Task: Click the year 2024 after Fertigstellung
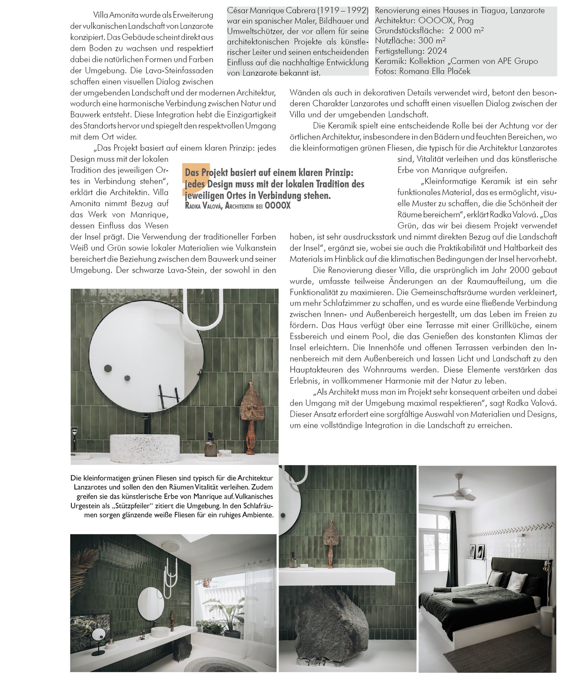point(437,51)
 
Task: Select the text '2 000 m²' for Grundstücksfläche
point(466,30)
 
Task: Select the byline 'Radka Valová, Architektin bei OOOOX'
point(237,206)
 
